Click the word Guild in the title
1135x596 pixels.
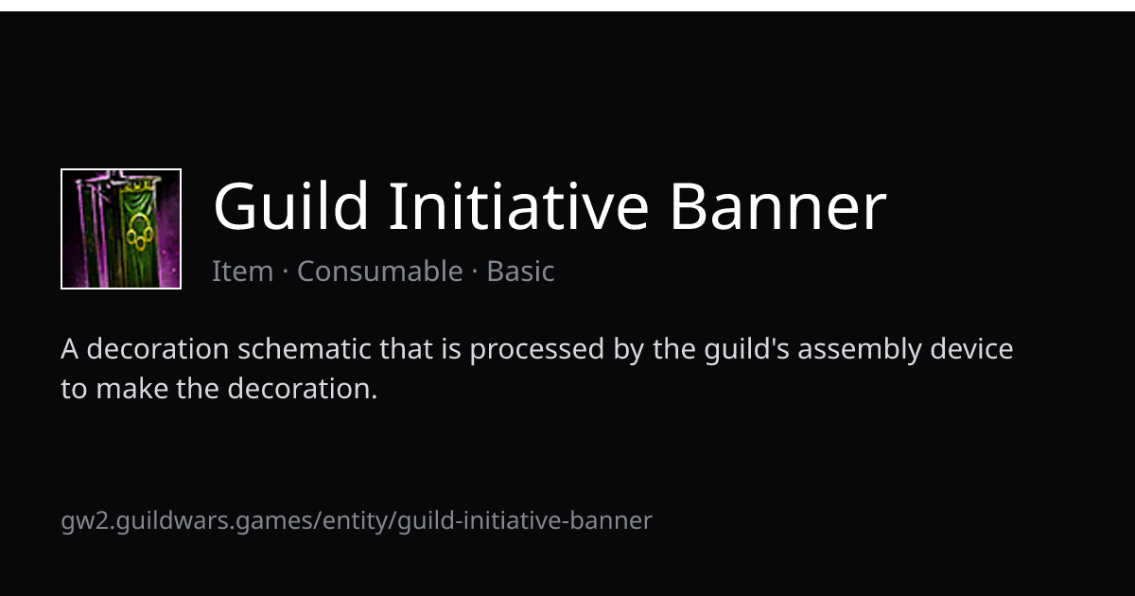(291, 206)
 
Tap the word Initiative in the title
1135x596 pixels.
(518, 206)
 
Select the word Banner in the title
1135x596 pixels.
(778, 206)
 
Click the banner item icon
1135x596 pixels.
(121, 229)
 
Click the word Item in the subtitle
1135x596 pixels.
(242, 271)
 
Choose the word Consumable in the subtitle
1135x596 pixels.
(380, 271)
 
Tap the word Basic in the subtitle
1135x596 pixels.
(520, 271)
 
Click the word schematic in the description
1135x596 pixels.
(305, 349)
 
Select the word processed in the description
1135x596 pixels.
(537, 350)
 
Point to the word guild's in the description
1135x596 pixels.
(746, 350)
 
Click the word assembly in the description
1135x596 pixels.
(860, 350)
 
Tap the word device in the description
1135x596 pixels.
(971, 349)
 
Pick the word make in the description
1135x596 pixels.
(132, 389)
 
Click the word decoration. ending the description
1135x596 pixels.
(303, 389)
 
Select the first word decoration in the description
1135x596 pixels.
(158, 349)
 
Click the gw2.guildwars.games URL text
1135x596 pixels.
(357, 521)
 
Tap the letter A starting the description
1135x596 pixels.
(69, 349)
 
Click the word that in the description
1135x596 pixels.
(406, 349)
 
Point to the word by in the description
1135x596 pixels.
(628, 350)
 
